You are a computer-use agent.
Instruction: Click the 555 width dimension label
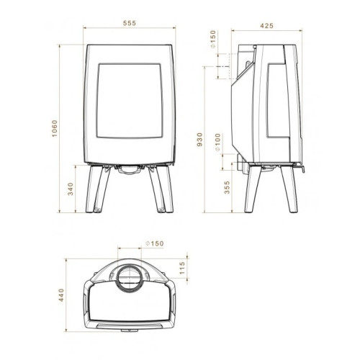(130, 23)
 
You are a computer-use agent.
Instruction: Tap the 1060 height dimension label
(55, 128)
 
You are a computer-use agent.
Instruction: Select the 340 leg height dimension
(71, 189)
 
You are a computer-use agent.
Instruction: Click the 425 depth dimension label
(266, 26)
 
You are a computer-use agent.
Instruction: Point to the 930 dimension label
(199, 140)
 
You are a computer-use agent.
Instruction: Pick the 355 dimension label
(227, 187)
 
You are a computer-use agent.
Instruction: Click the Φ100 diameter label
(217, 142)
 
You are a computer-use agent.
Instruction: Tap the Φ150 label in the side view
(213, 39)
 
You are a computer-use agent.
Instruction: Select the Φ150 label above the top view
(155, 243)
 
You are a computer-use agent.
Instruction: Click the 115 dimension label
(182, 268)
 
